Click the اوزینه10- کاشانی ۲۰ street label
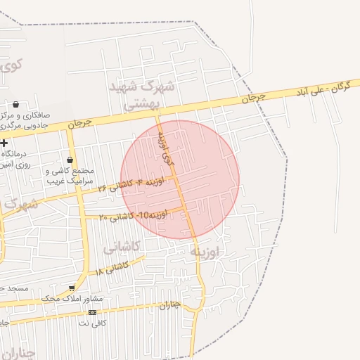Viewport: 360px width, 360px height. click(x=133, y=215)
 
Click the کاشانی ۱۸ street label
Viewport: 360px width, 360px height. click(x=112, y=269)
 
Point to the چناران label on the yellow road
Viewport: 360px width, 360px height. click(x=170, y=305)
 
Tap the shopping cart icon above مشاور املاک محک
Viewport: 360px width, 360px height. click(x=72, y=288)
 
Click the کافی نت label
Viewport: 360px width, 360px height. click(x=92, y=323)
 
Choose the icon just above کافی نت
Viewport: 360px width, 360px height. click(x=92, y=312)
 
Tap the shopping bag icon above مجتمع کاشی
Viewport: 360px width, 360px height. click(x=70, y=160)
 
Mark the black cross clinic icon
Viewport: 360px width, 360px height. click(x=4, y=143)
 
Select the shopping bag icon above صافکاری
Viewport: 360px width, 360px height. click(x=15, y=105)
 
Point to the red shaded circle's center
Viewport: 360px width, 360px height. click(x=180, y=179)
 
